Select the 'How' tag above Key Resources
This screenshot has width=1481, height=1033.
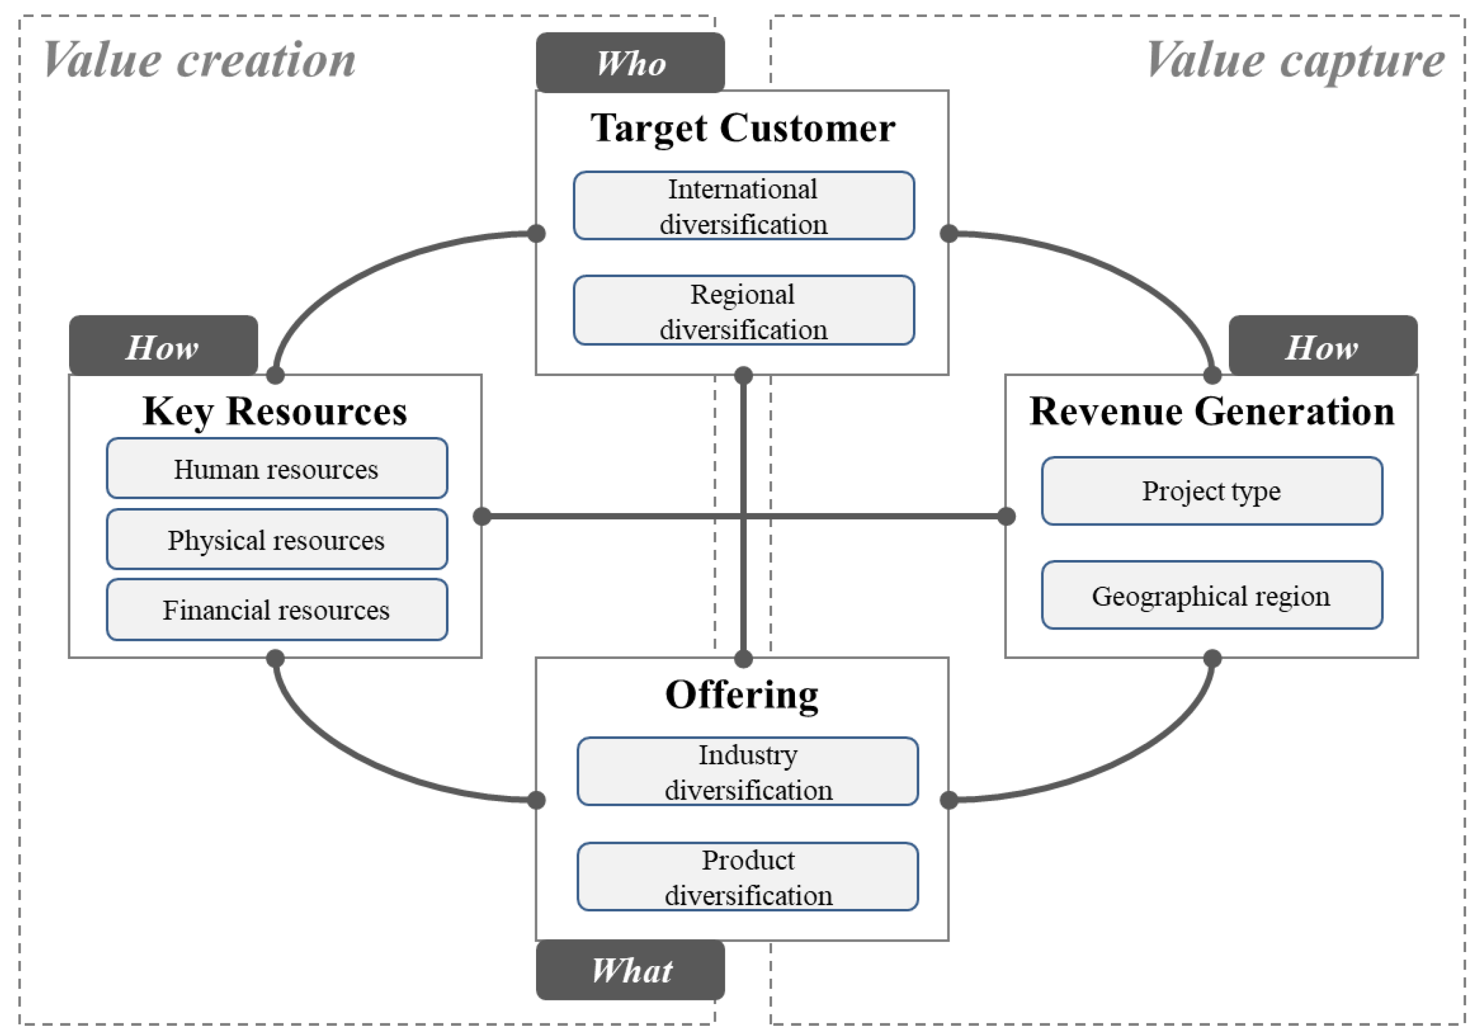click(163, 346)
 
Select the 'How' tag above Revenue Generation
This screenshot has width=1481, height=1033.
click(1322, 346)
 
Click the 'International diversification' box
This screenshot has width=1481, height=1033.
click(743, 206)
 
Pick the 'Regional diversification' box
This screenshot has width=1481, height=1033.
click(743, 310)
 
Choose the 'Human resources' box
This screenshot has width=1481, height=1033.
click(277, 468)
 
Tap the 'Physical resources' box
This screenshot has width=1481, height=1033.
click(277, 539)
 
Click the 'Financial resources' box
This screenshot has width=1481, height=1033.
click(277, 609)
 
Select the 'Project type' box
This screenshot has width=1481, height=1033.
click(1211, 490)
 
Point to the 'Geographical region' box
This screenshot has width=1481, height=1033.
click(1211, 595)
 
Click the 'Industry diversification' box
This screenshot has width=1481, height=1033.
click(747, 771)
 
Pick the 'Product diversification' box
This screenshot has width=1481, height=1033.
click(747, 876)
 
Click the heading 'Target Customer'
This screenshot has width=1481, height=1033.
click(742, 128)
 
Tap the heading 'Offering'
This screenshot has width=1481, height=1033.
click(742, 695)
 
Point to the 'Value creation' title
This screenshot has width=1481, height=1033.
click(199, 60)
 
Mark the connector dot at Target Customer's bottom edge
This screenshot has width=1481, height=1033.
click(743, 375)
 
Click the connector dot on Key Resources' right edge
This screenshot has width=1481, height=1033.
click(482, 516)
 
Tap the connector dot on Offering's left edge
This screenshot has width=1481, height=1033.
click(536, 800)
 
